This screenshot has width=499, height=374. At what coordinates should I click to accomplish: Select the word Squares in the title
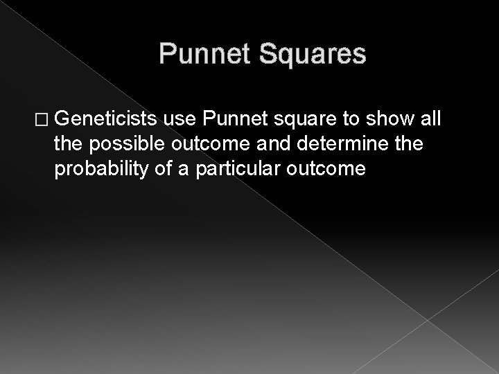click(310, 53)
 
